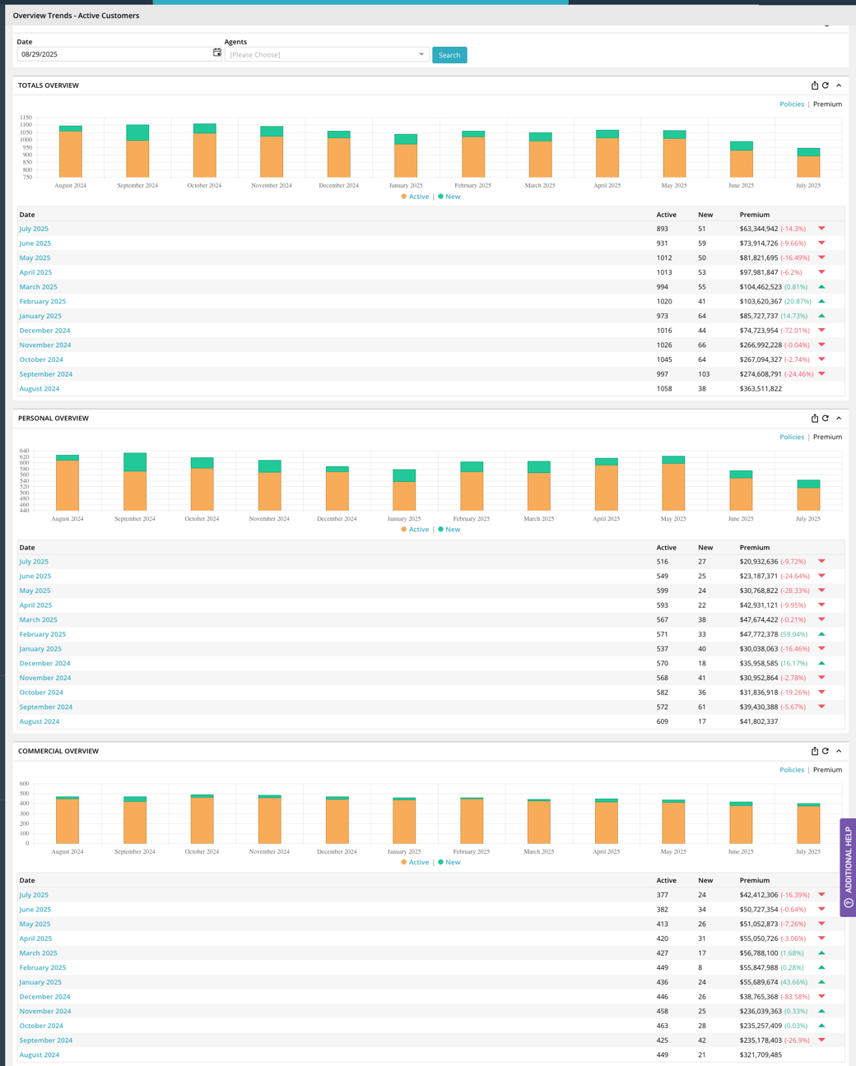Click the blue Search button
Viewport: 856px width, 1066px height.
tap(449, 55)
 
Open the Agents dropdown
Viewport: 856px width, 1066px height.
tap(326, 54)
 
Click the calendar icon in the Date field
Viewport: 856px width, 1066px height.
tap(217, 53)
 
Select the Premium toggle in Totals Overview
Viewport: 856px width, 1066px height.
tap(827, 104)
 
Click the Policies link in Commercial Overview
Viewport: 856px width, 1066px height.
tap(791, 770)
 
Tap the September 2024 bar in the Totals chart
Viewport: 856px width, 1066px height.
tap(137, 153)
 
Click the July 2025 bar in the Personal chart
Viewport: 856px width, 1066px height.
tap(808, 496)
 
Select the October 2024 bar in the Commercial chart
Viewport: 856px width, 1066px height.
tap(202, 819)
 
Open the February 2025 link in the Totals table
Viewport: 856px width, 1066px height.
tap(43, 302)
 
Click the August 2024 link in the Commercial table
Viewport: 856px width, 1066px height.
tap(40, 1054)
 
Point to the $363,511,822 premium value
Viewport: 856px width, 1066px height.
tap(761, 389)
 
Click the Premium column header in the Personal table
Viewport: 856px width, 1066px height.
tap(754, 548)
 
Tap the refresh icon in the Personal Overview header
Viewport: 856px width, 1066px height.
tap(826, 419)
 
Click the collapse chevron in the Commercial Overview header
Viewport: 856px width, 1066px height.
tap(839, 751)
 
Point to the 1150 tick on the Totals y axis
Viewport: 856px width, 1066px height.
tap(26, 118)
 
